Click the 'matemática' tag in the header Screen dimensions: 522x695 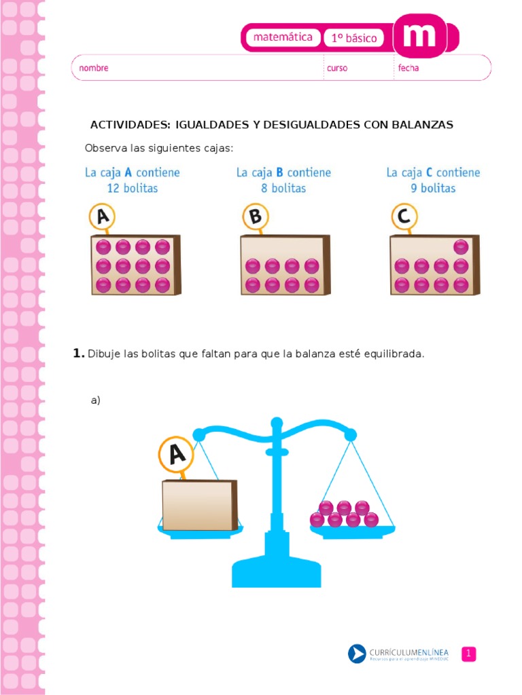tap(282, 37)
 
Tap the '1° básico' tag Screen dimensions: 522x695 tap(353, 38)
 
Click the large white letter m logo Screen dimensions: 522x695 tap(419, 35)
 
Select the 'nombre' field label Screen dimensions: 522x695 tap(94, 68)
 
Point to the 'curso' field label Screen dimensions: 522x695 tap(337, 69)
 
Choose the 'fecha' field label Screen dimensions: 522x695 tap(408, 68)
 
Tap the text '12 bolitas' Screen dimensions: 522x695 tap(133, 189)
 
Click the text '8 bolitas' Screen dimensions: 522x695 tap(283, 189)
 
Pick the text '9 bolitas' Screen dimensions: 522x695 tap(433, 189)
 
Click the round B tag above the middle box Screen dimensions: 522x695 tap(256, 217)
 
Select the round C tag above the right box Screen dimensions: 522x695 tap(404, 217)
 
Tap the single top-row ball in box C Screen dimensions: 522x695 tap(461, 247)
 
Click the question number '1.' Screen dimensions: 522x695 tap(79, 353)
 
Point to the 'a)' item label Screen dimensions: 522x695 tap(95, 400)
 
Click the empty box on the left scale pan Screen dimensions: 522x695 tap(199, 505)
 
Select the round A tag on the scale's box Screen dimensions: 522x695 tap(176, 454)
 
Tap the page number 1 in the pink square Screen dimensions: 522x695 tap(468, 654)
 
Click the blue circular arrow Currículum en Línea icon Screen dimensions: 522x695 tap(357, 654)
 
